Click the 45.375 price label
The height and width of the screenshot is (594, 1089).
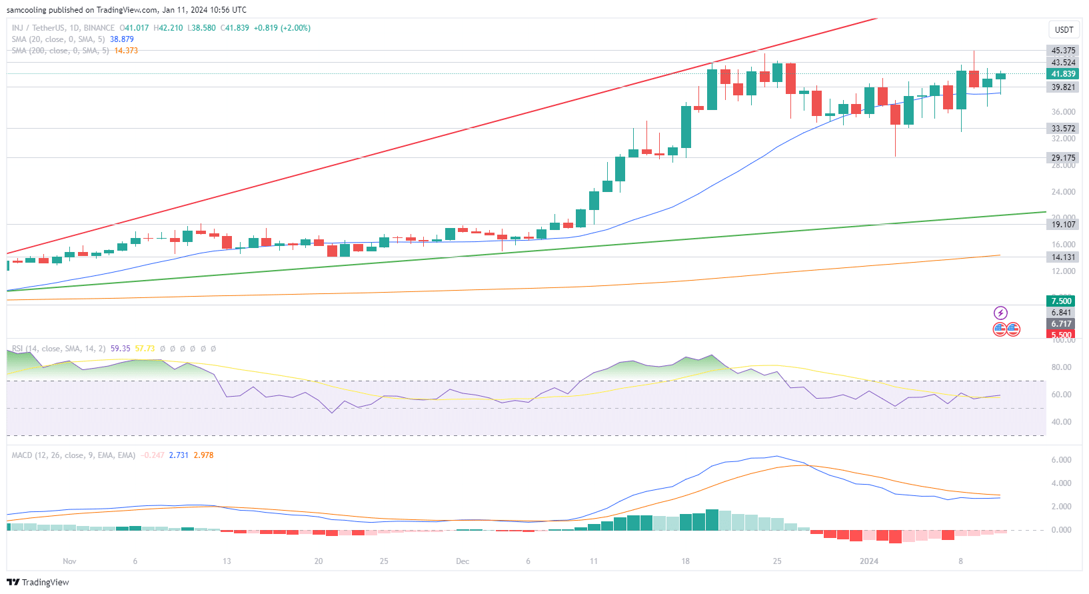coord(1063,51)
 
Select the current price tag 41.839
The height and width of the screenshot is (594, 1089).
coord(1063,74)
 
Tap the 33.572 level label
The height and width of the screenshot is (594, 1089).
coord(1063,129)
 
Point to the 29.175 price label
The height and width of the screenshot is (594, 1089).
coord(1063,158)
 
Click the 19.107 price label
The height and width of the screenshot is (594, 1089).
coord(1063,225)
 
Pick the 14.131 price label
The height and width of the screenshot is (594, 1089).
coord(1063,257)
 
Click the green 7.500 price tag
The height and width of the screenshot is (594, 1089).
coord(1061,301)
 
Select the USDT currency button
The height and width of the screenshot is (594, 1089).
coord(1064,29)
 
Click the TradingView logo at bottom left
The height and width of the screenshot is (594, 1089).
coord(38,582)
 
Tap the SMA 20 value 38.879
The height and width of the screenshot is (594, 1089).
coord(122,39)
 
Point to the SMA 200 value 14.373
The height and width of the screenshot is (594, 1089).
coord(126,51)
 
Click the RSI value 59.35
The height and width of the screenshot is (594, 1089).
coord(121,349)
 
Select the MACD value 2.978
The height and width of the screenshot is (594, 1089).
coord(203,455)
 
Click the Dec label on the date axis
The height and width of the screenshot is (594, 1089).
coord(463,561)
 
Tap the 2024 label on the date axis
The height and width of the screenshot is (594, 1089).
coord(869,561)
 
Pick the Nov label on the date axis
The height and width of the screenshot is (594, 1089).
coord(69,561)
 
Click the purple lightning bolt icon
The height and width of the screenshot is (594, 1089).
coord(1000,313)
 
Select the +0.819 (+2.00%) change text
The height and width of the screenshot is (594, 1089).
coord(282,28)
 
